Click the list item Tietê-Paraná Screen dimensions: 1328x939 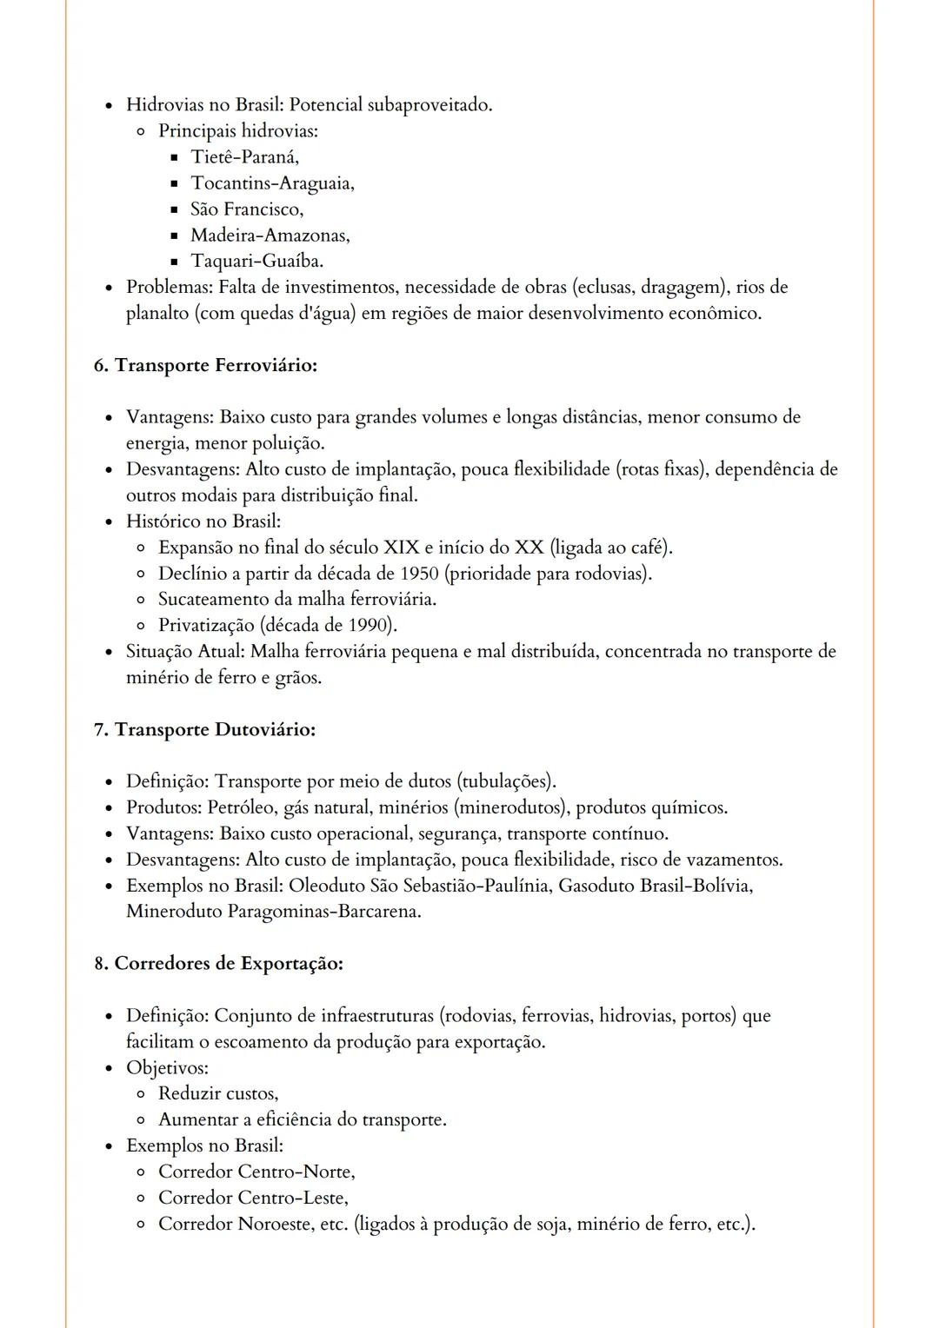tap(244, 157)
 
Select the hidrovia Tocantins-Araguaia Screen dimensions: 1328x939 tap(272, 183)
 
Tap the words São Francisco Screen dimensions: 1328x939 tap(247, 209)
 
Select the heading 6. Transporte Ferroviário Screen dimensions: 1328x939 tap(205, 365)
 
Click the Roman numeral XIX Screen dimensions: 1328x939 tap(401, 548)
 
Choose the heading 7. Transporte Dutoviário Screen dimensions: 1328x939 tap(204, 729)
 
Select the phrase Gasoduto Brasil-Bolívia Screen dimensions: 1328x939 tap(655, 886)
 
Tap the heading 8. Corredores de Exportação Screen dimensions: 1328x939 tap(218, 964)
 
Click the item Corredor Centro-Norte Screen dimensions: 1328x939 tap(256, 1172)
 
